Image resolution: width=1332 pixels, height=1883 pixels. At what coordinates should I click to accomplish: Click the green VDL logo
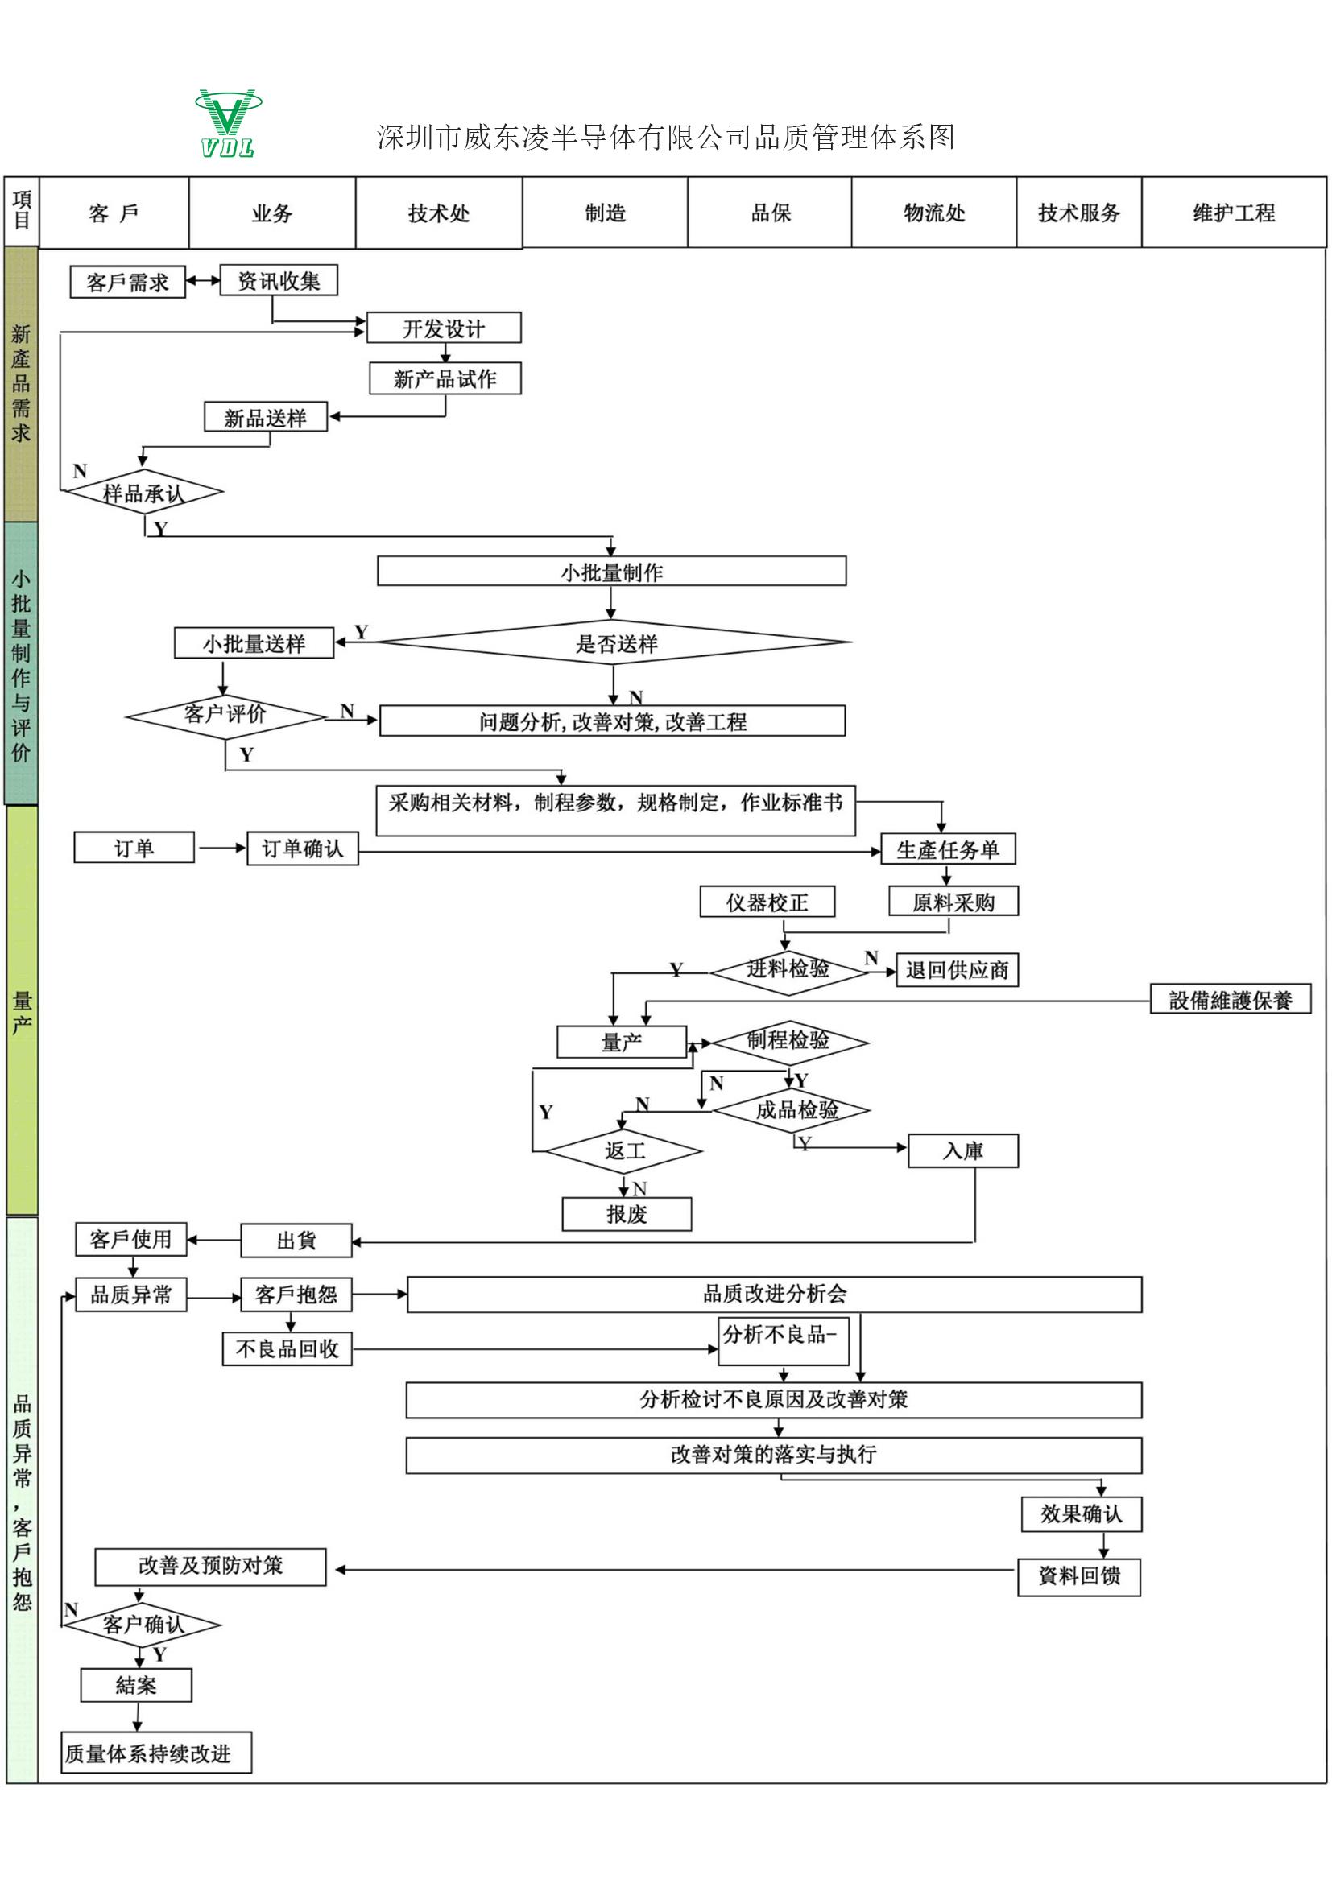228,123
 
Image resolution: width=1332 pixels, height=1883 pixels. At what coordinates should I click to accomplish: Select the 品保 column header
770,213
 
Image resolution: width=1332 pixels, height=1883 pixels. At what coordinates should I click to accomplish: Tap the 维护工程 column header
1234,213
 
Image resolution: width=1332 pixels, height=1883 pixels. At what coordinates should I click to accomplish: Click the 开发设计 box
444,328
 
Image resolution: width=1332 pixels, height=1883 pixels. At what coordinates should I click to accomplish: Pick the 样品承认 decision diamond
143,492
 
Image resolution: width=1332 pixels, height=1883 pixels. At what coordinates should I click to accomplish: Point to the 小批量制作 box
612,572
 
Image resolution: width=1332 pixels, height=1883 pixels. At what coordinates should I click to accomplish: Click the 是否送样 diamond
615,643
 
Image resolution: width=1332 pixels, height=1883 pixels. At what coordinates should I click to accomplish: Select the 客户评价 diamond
225,715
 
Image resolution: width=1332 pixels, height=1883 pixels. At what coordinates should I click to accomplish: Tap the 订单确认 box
303,849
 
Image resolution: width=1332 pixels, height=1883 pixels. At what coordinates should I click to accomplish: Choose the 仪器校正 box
767,902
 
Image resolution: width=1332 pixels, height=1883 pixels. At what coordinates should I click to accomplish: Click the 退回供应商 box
958,970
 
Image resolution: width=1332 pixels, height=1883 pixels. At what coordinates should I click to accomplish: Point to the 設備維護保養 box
1231,1000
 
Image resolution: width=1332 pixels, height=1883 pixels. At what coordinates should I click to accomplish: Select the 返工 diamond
624,1151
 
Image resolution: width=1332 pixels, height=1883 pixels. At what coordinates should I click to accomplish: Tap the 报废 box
627,1215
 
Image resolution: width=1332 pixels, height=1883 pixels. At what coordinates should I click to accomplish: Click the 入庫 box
963,1151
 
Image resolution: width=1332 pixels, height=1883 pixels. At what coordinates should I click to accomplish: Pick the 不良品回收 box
287,1349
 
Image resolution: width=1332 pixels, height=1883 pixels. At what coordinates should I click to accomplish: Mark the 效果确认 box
1081,1514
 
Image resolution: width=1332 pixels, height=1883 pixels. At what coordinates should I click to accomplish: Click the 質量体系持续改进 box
156,1753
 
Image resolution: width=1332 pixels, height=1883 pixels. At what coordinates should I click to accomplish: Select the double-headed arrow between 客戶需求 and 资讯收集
203,280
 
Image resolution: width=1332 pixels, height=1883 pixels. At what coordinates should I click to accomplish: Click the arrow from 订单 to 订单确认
221,848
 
